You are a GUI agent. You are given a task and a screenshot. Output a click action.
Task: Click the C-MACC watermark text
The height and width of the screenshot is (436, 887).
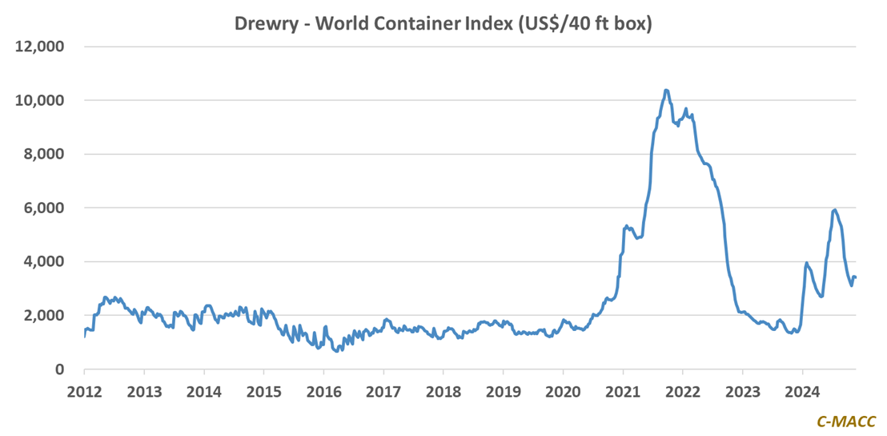(845, 421)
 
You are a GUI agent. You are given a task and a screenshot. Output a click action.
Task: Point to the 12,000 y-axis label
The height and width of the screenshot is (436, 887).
(40, 46)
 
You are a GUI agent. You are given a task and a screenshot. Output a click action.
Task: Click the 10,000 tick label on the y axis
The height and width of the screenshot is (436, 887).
(40, 100)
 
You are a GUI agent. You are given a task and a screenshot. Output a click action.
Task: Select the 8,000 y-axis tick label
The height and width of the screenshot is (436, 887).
(44, 154)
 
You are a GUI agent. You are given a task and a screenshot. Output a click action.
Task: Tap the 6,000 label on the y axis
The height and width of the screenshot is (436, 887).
(44, 208)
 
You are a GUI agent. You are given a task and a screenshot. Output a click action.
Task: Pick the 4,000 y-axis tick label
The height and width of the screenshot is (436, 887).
(44, 261)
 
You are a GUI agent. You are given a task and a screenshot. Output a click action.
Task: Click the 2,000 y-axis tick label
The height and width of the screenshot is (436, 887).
(44, 315)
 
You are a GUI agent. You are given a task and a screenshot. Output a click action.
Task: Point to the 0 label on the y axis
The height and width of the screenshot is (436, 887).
(59, 369)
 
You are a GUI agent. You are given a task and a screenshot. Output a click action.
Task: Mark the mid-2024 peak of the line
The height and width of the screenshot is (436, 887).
(835, 209)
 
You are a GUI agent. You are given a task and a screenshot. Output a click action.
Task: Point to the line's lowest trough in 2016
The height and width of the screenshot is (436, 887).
(337, 351)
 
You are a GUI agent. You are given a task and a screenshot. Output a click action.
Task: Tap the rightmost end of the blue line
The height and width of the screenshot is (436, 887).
(856, 277)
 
